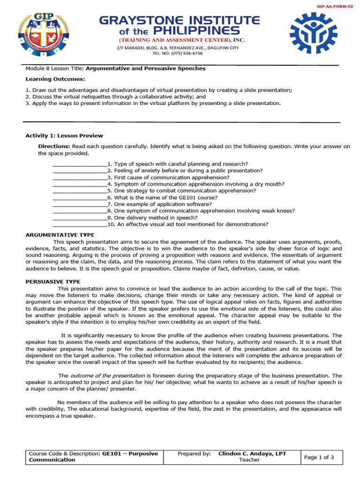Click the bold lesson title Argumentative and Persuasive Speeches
click(x=146, y=68)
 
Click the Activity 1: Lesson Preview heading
click(x=64, y=136)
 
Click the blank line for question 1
click(x=80, y=165)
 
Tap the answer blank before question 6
click(x=80, y=198)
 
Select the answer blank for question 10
click(x=80, y=225)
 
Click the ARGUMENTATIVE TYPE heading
click(x=60, y=234)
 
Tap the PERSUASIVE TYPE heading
click(x=52, y=282)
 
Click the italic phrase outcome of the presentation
click(x=108, y=376)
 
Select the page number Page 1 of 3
click(x=319, y=457)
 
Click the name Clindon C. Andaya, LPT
click(x=252, y=454)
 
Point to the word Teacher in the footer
click(x=249, y=460)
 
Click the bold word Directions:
click(x=54, y=147)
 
